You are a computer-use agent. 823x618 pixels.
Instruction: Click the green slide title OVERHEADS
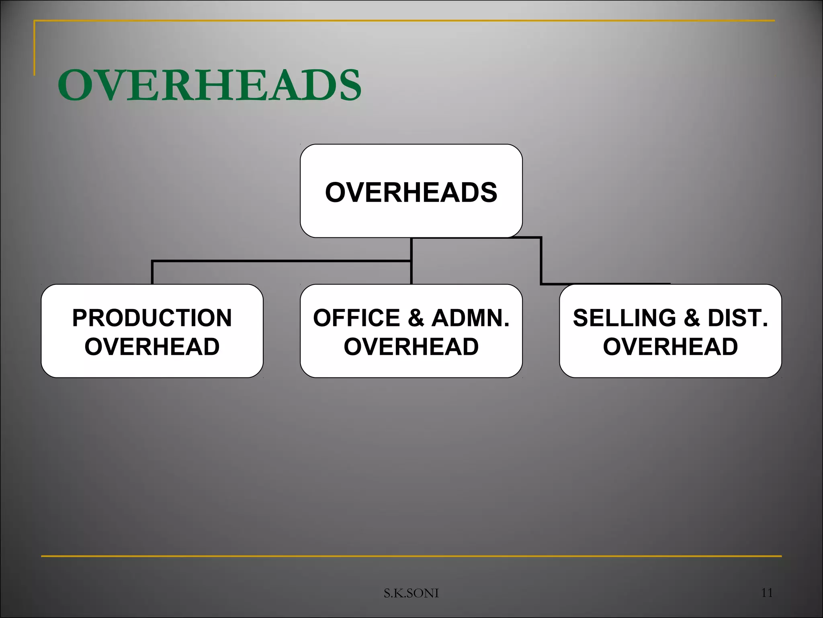point(209,85)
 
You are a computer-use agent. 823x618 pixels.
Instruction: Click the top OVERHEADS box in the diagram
point(411,191)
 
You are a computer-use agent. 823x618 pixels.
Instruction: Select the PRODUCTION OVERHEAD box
point(152,331)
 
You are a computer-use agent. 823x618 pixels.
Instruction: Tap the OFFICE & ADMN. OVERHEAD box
point(411,331)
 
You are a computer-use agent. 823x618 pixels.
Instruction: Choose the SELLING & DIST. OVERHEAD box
point(670,331)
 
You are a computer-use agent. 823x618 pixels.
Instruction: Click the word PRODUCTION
point(152,318)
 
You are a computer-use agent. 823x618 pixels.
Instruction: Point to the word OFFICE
point(356,318)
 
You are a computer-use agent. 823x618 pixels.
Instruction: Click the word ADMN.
point(470,318)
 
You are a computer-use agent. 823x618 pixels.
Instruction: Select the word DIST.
point(738,318)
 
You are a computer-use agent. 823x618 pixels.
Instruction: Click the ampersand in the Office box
point(416,318)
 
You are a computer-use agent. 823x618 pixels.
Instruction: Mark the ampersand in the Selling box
point(692,318)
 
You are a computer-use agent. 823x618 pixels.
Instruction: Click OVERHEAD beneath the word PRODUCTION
point(152,346)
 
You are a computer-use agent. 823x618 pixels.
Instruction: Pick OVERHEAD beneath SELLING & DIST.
point(670,346)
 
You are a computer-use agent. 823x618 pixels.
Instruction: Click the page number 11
point(767,592)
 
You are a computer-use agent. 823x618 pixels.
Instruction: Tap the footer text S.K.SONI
point(411,593)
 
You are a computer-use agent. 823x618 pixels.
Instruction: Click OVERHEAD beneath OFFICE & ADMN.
point(411,346)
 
